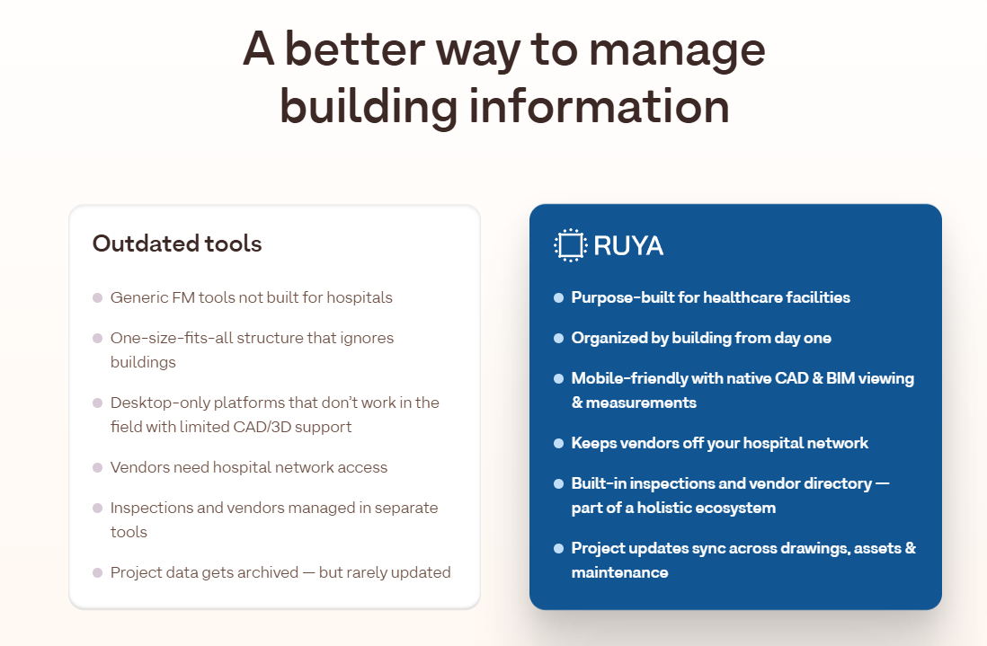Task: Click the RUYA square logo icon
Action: (570, 245)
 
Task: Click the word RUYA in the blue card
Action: (628, 245)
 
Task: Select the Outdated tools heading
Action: (177, 243)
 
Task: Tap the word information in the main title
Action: (599, 106)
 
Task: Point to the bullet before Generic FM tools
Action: (97, 297)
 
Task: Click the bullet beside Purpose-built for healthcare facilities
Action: (558, 297)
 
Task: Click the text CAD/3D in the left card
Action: (305, 427)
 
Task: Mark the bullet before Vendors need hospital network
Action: (97, 468)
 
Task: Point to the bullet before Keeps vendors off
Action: (558, 443)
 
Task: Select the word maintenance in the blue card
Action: (619, 572)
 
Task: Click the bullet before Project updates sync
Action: (558, 548)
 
